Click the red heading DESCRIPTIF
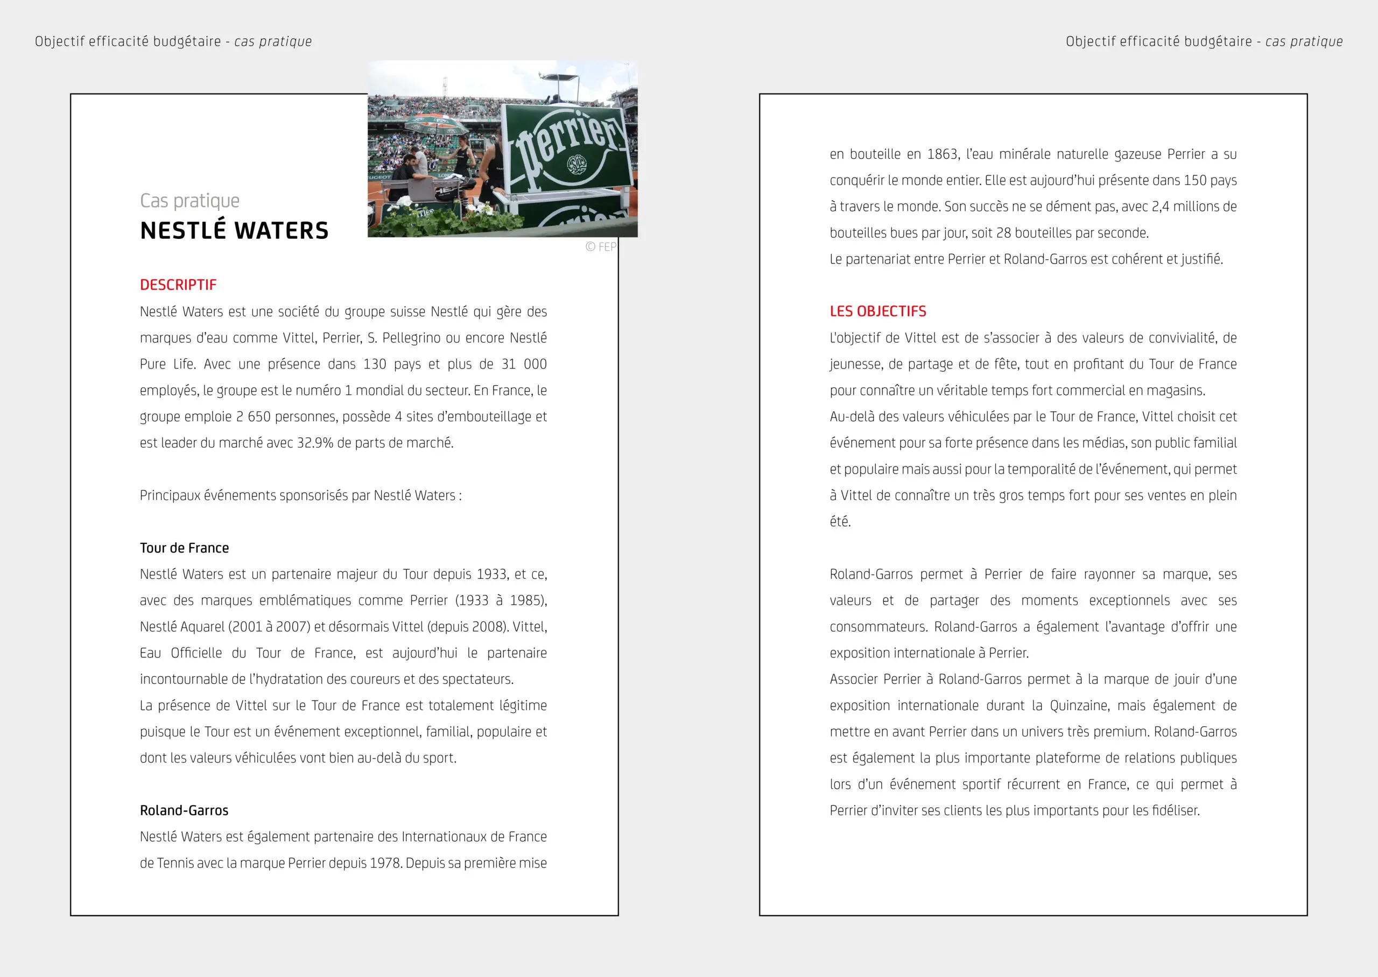point(178,285)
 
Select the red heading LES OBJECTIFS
point(877,311)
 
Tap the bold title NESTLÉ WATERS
point(234,231)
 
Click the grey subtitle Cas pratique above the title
point(189,201)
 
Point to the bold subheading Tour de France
point(184,548)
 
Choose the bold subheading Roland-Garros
point(184,811)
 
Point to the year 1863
point(943,154)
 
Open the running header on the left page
point(173,41)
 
